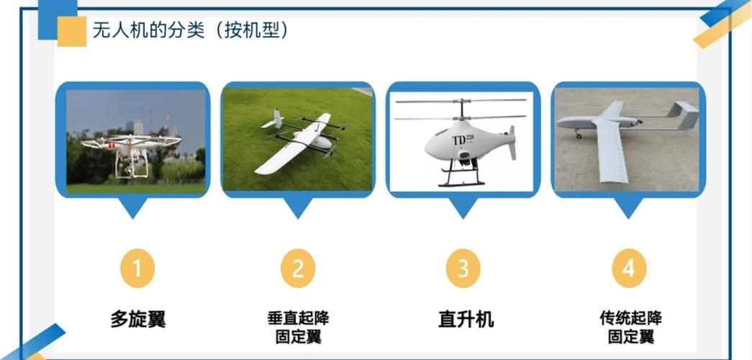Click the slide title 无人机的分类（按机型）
tap(189, 30)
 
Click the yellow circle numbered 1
tap(137, 269)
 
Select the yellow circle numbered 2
tap(298, 269)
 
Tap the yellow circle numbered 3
tap(463, 269)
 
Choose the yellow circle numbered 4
tap(629, 269)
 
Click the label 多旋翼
tap(137, 319)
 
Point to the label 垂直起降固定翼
tap(298, 327)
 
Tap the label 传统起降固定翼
tap(630, 327)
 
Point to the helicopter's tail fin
tap(512, 142)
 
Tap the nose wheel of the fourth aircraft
tap(578, 135)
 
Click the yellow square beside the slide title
tap(71, 31)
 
